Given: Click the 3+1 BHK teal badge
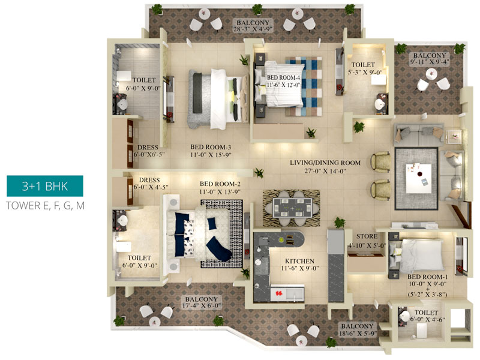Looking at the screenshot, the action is click(45, 186).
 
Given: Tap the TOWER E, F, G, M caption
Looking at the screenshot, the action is click(46, 205).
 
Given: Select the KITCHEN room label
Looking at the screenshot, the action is click(299, 261).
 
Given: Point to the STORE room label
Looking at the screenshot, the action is click(367, 236).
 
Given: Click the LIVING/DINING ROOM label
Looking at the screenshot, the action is click(325, 163).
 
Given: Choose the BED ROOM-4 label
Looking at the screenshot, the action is click(283, 77).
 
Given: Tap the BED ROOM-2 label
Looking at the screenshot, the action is click(220, 184).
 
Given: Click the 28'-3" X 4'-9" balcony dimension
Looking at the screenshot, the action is click(253, 29).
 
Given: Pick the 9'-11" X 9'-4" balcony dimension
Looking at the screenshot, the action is click(430, 62).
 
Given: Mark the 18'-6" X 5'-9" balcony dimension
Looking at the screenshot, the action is click(358, 334).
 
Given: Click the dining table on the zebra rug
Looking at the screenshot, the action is click(292, 208).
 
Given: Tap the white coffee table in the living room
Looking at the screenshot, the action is click(418, 178).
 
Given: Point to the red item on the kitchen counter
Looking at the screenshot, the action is click(279, 293).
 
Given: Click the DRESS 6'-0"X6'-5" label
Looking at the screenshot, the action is click(148, 151).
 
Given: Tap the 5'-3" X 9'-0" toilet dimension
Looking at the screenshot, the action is click(365, 73).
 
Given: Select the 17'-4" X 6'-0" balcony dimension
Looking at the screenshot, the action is click(202, 306).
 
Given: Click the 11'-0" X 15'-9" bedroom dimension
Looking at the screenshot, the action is click(211, 155).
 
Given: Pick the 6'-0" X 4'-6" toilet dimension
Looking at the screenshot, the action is click(427, 319).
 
